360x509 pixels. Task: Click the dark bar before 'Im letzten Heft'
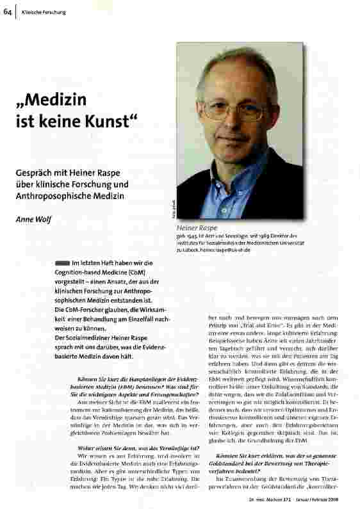click(62, 263)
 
